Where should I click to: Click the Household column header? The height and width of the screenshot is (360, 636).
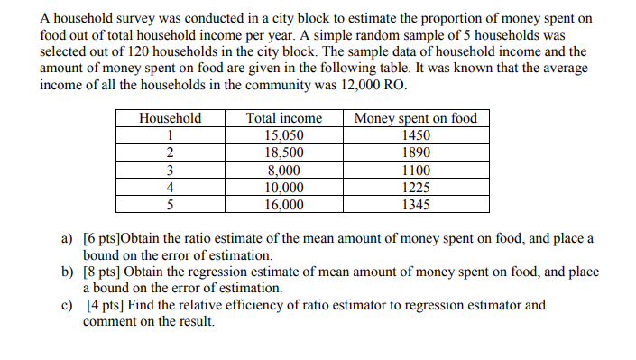pyautogui.click(x=171, y=118)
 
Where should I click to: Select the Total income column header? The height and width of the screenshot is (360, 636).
pyautogui.click(x=284, y=118)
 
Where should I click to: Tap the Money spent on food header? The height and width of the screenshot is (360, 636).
pyautogui.click(x=416, y=118)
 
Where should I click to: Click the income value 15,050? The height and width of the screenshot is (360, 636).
pyautogui.click(x=284, y=135)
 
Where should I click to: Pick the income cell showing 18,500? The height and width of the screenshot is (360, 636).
pyautogui.click(x=284, y=152)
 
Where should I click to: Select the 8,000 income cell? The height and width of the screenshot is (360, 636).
pyautogui.click(x=284, y=171)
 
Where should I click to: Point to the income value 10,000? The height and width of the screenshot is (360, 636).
pyautogui.click(x=284, y=188)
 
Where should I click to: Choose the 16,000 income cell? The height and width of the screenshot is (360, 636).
pyautogui.click(x=284, y=205)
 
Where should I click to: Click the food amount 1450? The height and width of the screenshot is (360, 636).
pyautogui.click(x=416, y=135)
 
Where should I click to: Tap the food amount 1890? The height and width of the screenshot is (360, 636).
pyautogui.click(x=416, y=152)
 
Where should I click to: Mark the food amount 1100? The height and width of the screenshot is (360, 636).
pyautogui.click(x=416, y=171)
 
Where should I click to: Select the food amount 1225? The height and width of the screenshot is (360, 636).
pyautogui.click(x=416, y=188)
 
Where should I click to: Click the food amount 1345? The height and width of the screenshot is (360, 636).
pyautogui.click(x=416, y=205)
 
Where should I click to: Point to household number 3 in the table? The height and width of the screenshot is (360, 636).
pyautogui.click(x=171, y=171)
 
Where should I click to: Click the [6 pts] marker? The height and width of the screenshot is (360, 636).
pyautogui.click(x=100, y=239)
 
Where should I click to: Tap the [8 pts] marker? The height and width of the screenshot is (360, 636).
pyautogui.click(x=101, y=272)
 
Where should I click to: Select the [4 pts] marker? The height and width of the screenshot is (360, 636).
pyautogui.click(x=105, y=305)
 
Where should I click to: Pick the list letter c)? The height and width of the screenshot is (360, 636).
pyautogui.click(x=67, y=305)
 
